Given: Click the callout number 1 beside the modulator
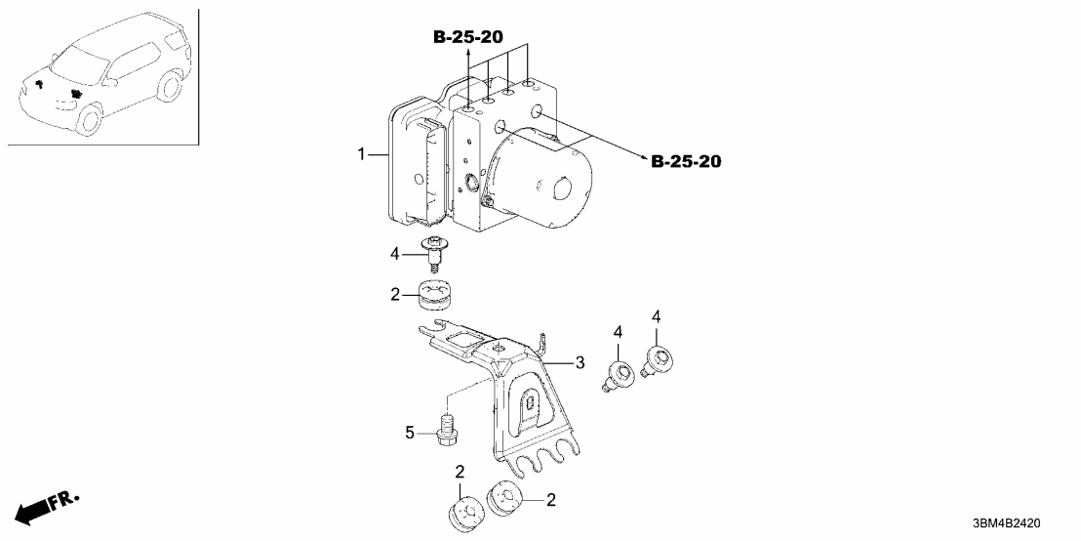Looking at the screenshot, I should (361, 154).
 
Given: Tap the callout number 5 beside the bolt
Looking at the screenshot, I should (411, 430).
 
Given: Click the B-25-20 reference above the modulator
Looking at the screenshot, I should (467, 37).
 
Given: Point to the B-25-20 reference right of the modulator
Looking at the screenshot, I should (686, 161).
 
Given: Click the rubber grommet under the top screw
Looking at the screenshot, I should (437, 293).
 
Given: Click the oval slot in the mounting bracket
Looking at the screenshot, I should (527, 405).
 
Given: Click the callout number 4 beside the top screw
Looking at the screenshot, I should (395, 254).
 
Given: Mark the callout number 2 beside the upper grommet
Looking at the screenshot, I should (395, 293).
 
